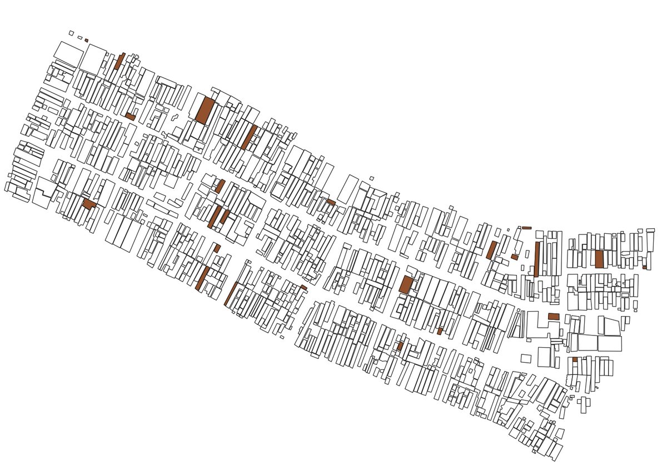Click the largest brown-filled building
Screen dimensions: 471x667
[x=205, y=110]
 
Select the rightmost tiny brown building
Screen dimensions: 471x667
[x=644, y=267]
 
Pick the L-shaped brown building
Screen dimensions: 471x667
[x=89, y=204]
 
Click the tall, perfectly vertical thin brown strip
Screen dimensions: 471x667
[x=537, y=259]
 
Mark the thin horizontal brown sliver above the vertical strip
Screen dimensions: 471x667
[x=526, y=228]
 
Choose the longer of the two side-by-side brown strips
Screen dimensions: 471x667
[x=214, y=217]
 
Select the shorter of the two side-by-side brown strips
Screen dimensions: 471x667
[x=225, y=216]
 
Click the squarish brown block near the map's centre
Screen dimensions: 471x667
[x=406, y=285]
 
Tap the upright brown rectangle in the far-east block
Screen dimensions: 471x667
[x=599, y=259]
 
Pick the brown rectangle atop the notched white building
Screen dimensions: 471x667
[x=553, y=317]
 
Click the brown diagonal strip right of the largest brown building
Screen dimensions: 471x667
[x=248, y=137]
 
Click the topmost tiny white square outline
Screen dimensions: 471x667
[x=71, y=33]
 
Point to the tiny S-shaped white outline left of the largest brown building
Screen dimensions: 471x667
[x=175, y=117]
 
